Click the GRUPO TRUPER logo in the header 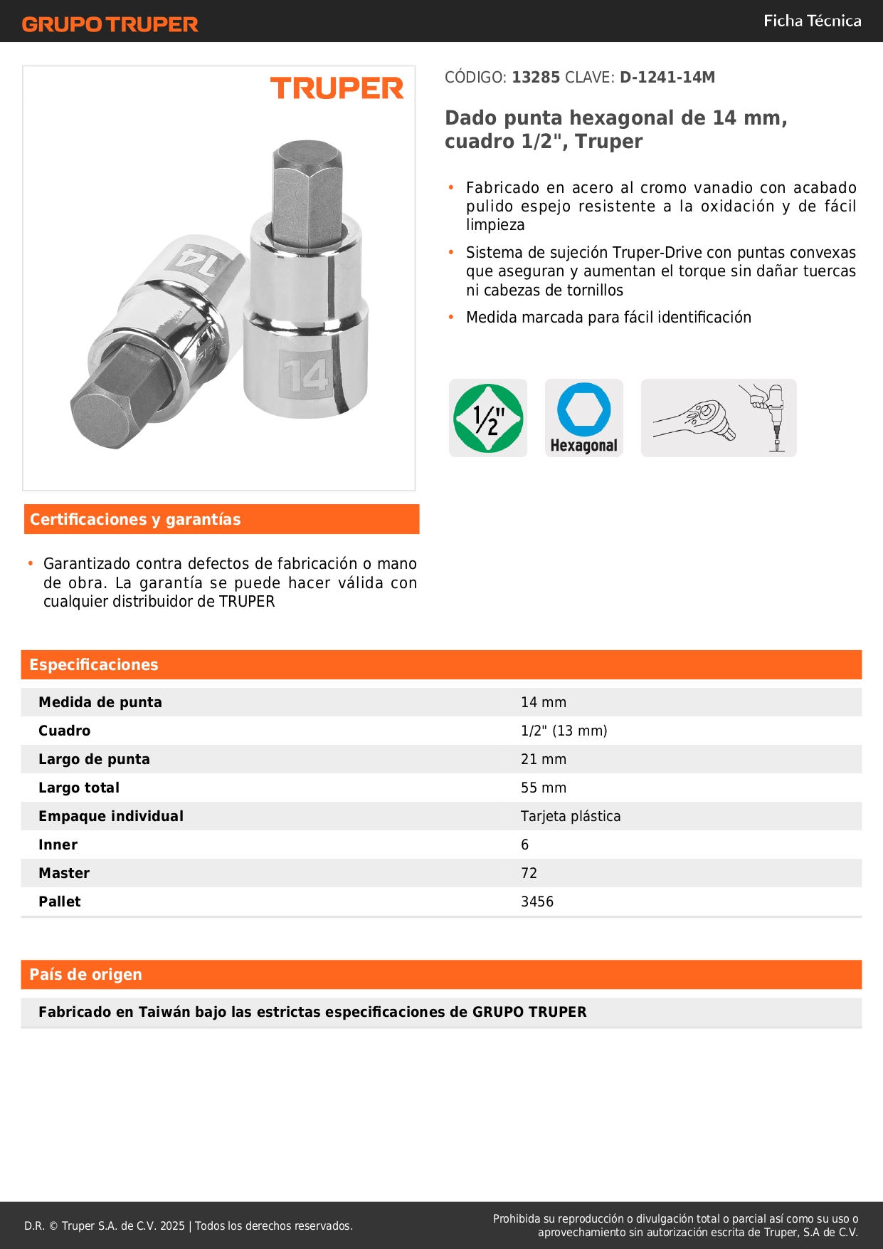pyautogui.click(x=110, y=24)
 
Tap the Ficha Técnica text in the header pyautogui.click(x=812, y=21)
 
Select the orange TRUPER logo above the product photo pyautogui.click(x=337, y=89)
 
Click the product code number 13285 pyautogui.click(x=536, y=78)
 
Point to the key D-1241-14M pyautogui.click(x=667, y=78)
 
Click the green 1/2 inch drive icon pyautogui.click(x=488, y=418)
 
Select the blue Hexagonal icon pyautogui.click(x=583, y=418)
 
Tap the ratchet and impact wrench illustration pyautogui.click(x=718, y=418)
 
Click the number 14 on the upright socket pyautogui.click(x=306, y=375)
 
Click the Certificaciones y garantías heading pyautogui.click(x=135, y=520)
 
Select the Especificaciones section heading pyautogui.click(x=94, y=665)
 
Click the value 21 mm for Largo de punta pyautogui.click(x=544, y=759)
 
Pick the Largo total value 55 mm pyautogui.click(x=544, y=788)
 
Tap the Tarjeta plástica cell pyautogui.click(x=571, y=816)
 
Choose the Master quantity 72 pyautogui.click(x=529, y=873)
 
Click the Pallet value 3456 pyautogui.click(x=537, y=902)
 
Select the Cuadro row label pyautogui.click(x=65, y=731)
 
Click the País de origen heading pyautogui.click(x=85, y=975)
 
